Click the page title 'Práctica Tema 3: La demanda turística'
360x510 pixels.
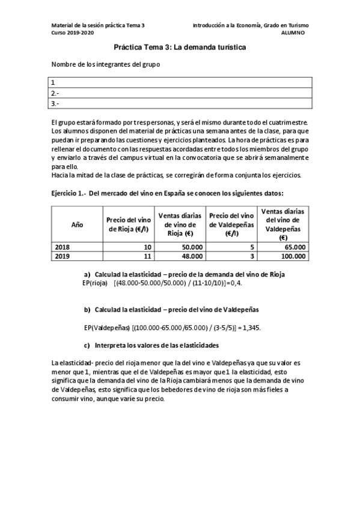click(180, 47)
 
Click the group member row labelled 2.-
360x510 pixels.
click(180, 93)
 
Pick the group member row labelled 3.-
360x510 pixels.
click(180, 103)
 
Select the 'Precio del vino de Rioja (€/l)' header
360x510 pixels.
click(129, 224)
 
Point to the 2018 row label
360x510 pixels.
click(62, 247)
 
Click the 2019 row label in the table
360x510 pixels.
click(62, 256)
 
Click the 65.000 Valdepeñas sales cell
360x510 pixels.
click(294, 247)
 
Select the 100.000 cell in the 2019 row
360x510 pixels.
click(292, 256)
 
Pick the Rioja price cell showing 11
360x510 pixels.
click(146, 256)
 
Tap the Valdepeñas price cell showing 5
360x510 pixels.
click(252, 247)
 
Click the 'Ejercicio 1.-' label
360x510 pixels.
click(68, 192)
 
